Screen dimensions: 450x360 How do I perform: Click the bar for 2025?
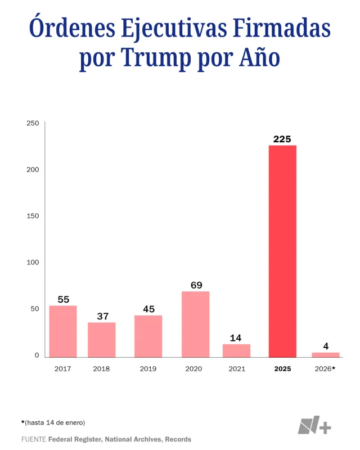point(282,251)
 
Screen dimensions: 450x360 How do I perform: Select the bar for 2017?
point(63,331)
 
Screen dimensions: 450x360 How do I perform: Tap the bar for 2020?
point(195,324)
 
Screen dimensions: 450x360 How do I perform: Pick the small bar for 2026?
point(326,355)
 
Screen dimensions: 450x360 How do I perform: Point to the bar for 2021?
point(236,350)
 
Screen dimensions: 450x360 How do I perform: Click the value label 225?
point(282,138)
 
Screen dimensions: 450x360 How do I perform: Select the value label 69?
point(196,285)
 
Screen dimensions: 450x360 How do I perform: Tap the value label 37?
point(102,316)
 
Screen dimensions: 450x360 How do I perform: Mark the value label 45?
point(148,309)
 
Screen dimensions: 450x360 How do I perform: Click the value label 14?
point(236,338)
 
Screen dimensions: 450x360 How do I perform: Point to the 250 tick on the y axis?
point(33,123)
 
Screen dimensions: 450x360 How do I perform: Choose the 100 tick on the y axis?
point(33,262)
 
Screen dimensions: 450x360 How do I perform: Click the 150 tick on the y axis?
point(33,216)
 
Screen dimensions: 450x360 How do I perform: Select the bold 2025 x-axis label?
point(282,369)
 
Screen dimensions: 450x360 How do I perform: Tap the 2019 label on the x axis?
point(148,369)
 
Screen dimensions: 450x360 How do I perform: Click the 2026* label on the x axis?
point(325,369)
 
